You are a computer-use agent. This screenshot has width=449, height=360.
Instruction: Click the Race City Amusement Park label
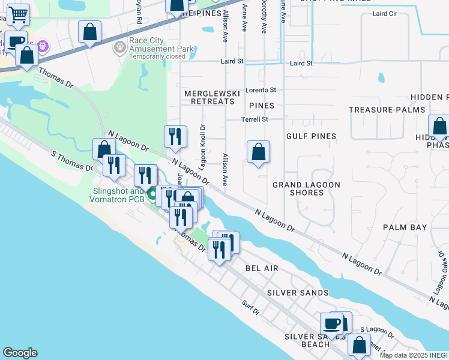point(153,49)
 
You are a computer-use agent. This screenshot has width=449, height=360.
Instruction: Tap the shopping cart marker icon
point(19,14)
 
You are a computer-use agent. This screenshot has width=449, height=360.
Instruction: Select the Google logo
point(20,353)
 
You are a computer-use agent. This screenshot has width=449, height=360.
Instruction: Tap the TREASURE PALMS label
point(387,110)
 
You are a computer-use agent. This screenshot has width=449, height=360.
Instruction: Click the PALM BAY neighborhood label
point(405,227)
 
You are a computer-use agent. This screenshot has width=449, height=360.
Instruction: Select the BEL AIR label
point(262,268)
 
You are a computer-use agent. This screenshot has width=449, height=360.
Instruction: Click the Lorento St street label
point(260,90)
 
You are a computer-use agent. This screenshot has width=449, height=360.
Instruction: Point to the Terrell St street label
point(255,119)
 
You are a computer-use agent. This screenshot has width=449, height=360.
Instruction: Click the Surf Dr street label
point(252,311)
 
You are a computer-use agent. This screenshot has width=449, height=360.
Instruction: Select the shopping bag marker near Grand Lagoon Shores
point(258,152)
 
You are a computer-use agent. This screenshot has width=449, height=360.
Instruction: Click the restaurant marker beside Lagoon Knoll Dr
point(175,137)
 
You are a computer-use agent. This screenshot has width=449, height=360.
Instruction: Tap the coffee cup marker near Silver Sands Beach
point(331,325)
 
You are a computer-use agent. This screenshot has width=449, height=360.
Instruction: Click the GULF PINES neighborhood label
point(311,136)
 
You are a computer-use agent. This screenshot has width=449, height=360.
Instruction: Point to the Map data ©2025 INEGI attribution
point(414,355)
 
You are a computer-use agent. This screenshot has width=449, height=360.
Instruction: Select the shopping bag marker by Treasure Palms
point(439,127)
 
